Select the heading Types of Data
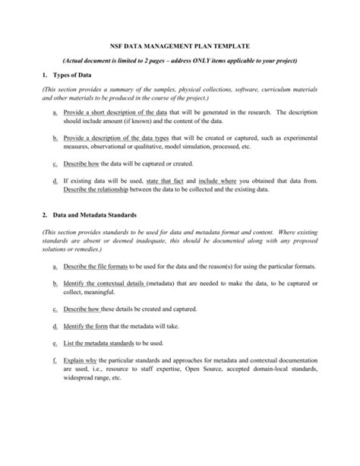pyautogui.click(x=71, y=75)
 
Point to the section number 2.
pyautogui.click(x=45, y=215)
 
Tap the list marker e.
pyautogui.click(x=55, y=344)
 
